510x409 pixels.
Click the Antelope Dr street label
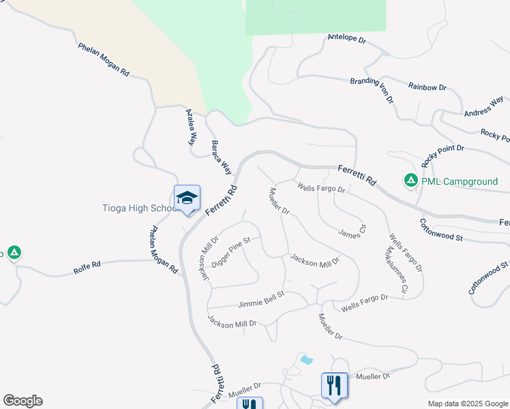pyautogui.click(x=346, y=39)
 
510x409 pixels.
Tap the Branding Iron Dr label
pyautogui.click(x=372, y=90)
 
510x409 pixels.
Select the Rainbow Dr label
pyautogui.click(x=427, y=87)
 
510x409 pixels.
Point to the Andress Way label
pyautogui.click(x=483, y=108)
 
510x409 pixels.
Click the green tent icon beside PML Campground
pyautogui.click(x=411, y=181)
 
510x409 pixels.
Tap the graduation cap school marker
pyautogui.click(x=187, y=198)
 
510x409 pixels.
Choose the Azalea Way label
pyautogui.click(x=191, y=127)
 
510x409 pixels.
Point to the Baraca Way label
pyautogui.click(x=221, y=157)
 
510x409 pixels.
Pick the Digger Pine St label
pyautogui.click(x=231, y=252)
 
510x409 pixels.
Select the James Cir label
pyautogui.click(x=353, y=232)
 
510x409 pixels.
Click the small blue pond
pyautogui.click(x=306, y=359)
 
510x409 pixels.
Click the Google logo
pyautogui.click(x=22, y=401)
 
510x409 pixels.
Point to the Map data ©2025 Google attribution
pyautogui.click(x=467, y=404)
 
